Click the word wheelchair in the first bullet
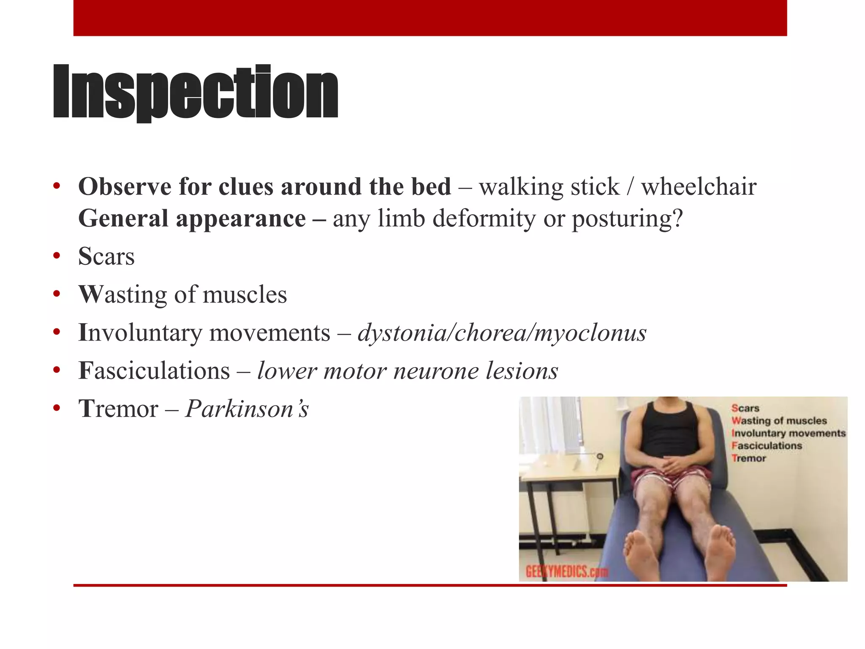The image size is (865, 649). click(699, 187)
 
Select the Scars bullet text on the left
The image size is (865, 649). click(106, 256)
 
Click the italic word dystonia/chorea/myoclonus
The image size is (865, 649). click(502, 333)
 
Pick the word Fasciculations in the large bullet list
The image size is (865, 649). click(154, 371)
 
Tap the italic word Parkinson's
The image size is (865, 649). click(247, 409)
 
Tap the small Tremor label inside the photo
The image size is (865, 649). click(748, 458)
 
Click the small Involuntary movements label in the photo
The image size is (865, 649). click(788, 434)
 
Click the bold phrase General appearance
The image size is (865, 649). click(192, 219)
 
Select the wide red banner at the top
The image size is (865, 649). click(430, 18)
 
